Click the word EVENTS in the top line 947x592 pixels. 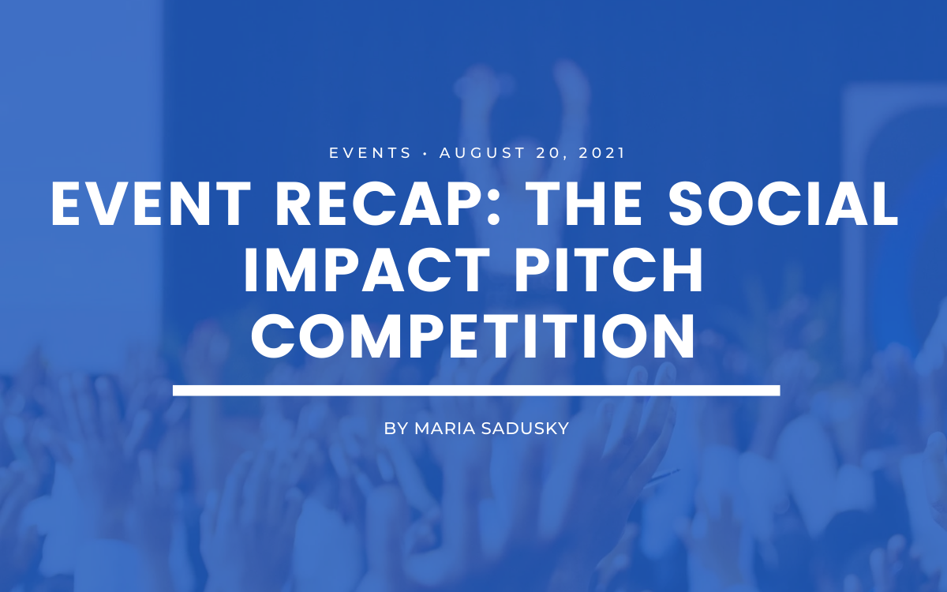click(x=370, y=152)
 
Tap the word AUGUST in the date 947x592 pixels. click(x=483, y=152)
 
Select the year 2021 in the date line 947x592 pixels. click(x=601, y=152)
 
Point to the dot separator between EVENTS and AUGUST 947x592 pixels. click(x=425, y=153)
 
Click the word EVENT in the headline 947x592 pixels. click(x=151, y=204)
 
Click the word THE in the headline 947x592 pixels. click(x=584, y=204)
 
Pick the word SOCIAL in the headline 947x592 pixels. click(x=783, y=204)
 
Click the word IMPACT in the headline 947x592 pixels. click(x=366, y=269)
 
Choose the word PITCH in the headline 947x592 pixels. click(x=608, y=269)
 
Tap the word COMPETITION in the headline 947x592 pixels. click(x=473, y=335)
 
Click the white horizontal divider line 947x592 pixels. click(x=477, y=390)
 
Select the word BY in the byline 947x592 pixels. click(x=395, y=429)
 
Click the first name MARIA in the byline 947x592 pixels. click(x=445, y=429)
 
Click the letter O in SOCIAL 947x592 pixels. click(x=730, y=204)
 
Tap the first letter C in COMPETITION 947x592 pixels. click(x=274, y=335)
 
